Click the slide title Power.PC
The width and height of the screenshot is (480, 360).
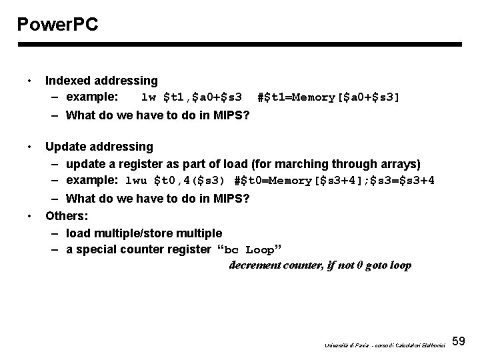(x=58, y=25)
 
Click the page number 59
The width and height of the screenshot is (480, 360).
(x=459, y=341)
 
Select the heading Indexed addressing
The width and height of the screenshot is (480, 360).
(x=101, y=81)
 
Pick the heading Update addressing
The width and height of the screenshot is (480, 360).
(x=99, y=146)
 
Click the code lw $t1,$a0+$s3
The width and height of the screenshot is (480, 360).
(x=192, y=97)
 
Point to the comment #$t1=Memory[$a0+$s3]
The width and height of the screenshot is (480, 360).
(x=329, y=97)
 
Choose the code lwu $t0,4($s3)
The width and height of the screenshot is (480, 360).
(x=176, y=180)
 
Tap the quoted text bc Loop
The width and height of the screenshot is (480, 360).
(x=250, y=250)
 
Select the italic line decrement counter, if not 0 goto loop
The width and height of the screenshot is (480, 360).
(x=320, y=265)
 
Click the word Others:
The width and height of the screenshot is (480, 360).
(x=66, y=216)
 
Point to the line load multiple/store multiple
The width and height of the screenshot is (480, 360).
(x=144, y=233)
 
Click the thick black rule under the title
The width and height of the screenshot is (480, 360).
(x=240, y=45)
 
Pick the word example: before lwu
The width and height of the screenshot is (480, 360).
(x=92, y=180)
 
